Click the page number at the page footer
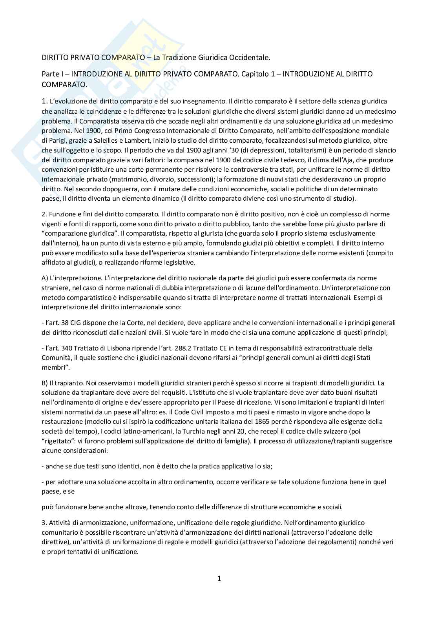219,578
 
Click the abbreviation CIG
76,323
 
